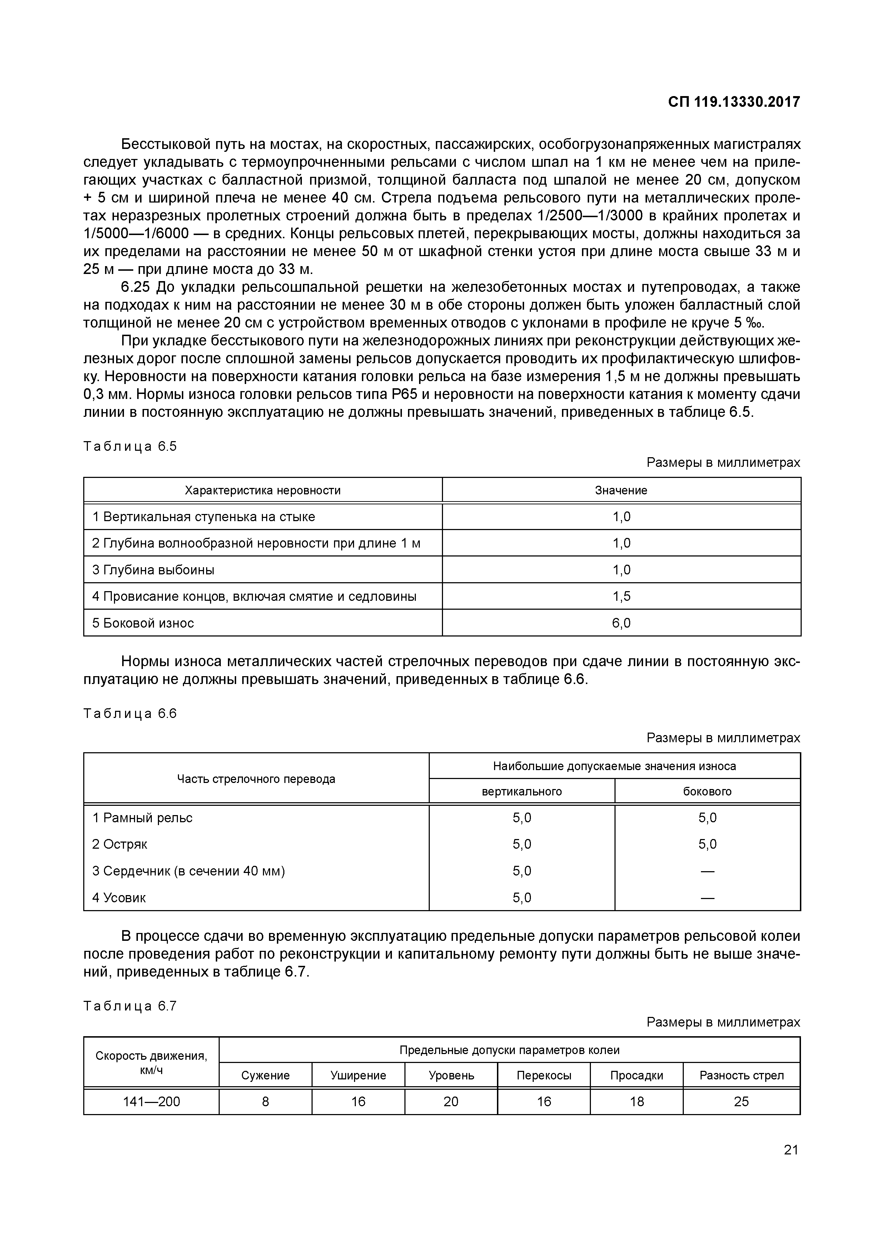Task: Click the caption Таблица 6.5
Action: tap(130, 446)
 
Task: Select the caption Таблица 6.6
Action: tap(130, 714)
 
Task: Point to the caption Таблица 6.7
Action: tap(130, 1006)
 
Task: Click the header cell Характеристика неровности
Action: tap(263, 490)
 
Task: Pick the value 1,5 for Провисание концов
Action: tap(621, 596)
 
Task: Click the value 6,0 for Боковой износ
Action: tap(621, 623)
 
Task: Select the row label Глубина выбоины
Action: tap(153, 570)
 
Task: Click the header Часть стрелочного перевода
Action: tap(256, 779)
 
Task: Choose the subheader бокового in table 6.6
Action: tap(707, 791)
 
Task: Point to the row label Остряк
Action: tap(120, 844)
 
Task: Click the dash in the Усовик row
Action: tap(707, 898)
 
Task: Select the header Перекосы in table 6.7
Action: tap(544, 1075)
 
